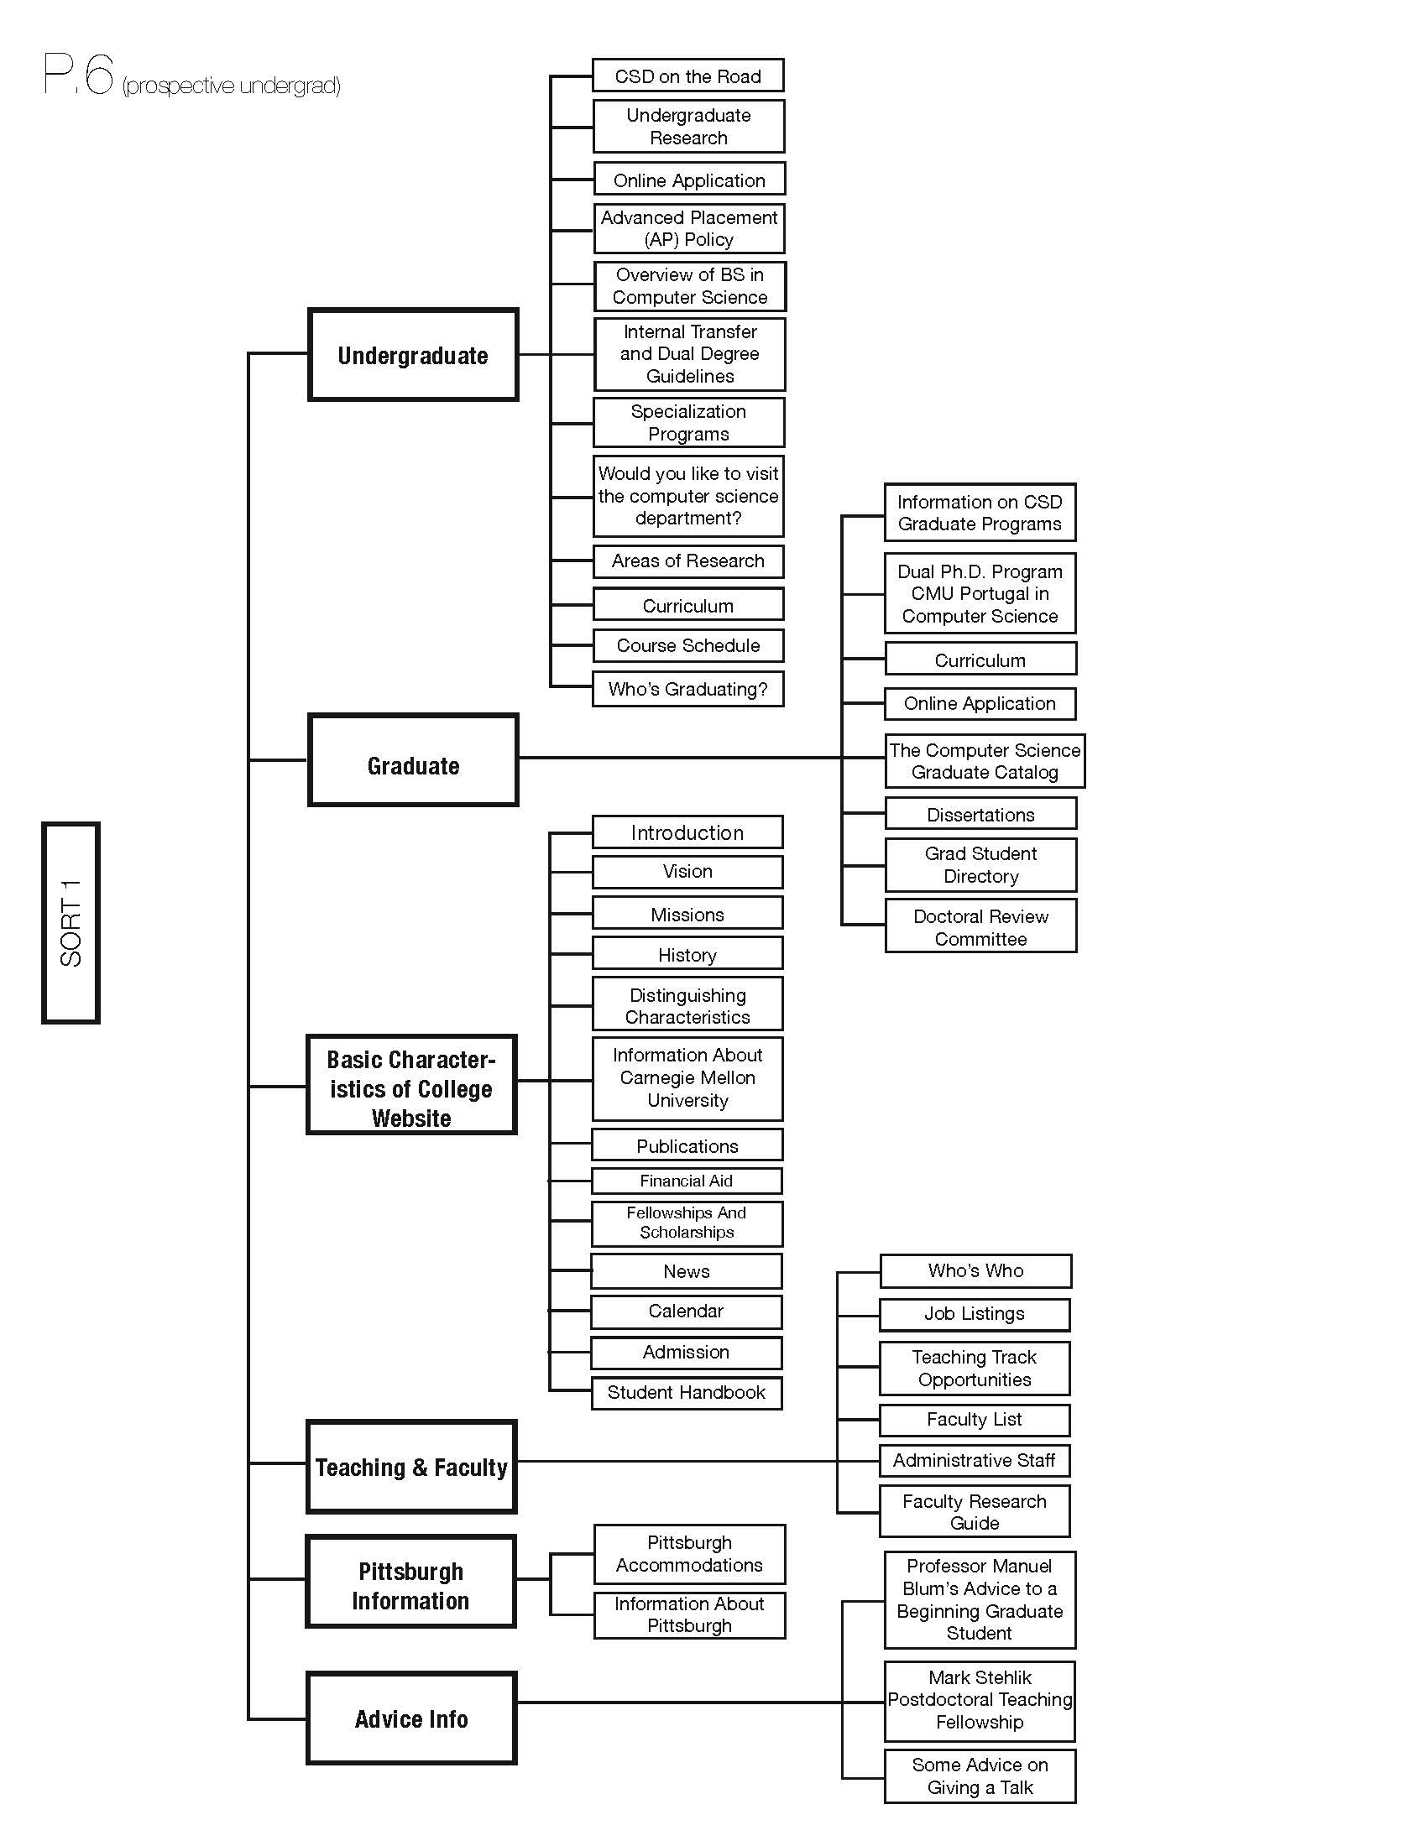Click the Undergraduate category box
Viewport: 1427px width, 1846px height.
coord(412,354)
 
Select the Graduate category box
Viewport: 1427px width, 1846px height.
coord(412,760)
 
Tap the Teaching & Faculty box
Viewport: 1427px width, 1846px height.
coord(410,1467)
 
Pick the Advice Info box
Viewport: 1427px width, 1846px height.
coord(410,1718)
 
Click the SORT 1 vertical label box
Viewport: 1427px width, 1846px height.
coord(71,922)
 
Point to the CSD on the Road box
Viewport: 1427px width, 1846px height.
coord(688,76)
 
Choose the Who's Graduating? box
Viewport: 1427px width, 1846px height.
coord(688,689)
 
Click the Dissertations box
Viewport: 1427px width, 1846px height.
coord(980,814)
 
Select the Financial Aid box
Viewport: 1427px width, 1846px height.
coord(687,1181)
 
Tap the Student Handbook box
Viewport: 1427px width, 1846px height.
coord(687,1392)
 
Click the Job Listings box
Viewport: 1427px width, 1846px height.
coord(975,1314)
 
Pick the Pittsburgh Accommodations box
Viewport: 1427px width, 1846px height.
coord(690,1553)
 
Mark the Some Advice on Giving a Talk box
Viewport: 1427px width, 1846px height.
coord(980,1776)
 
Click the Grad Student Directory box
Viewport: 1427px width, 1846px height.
coord(980,864)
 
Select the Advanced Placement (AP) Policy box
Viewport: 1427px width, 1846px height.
coord(689,228)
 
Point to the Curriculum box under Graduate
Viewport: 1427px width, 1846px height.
coord(980,660)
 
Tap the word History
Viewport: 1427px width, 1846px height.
coord(687,955)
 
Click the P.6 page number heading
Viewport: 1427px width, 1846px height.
coord(78,74)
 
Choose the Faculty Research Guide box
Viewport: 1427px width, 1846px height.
coord(975,1511)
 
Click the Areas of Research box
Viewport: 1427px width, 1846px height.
coord(688,561)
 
